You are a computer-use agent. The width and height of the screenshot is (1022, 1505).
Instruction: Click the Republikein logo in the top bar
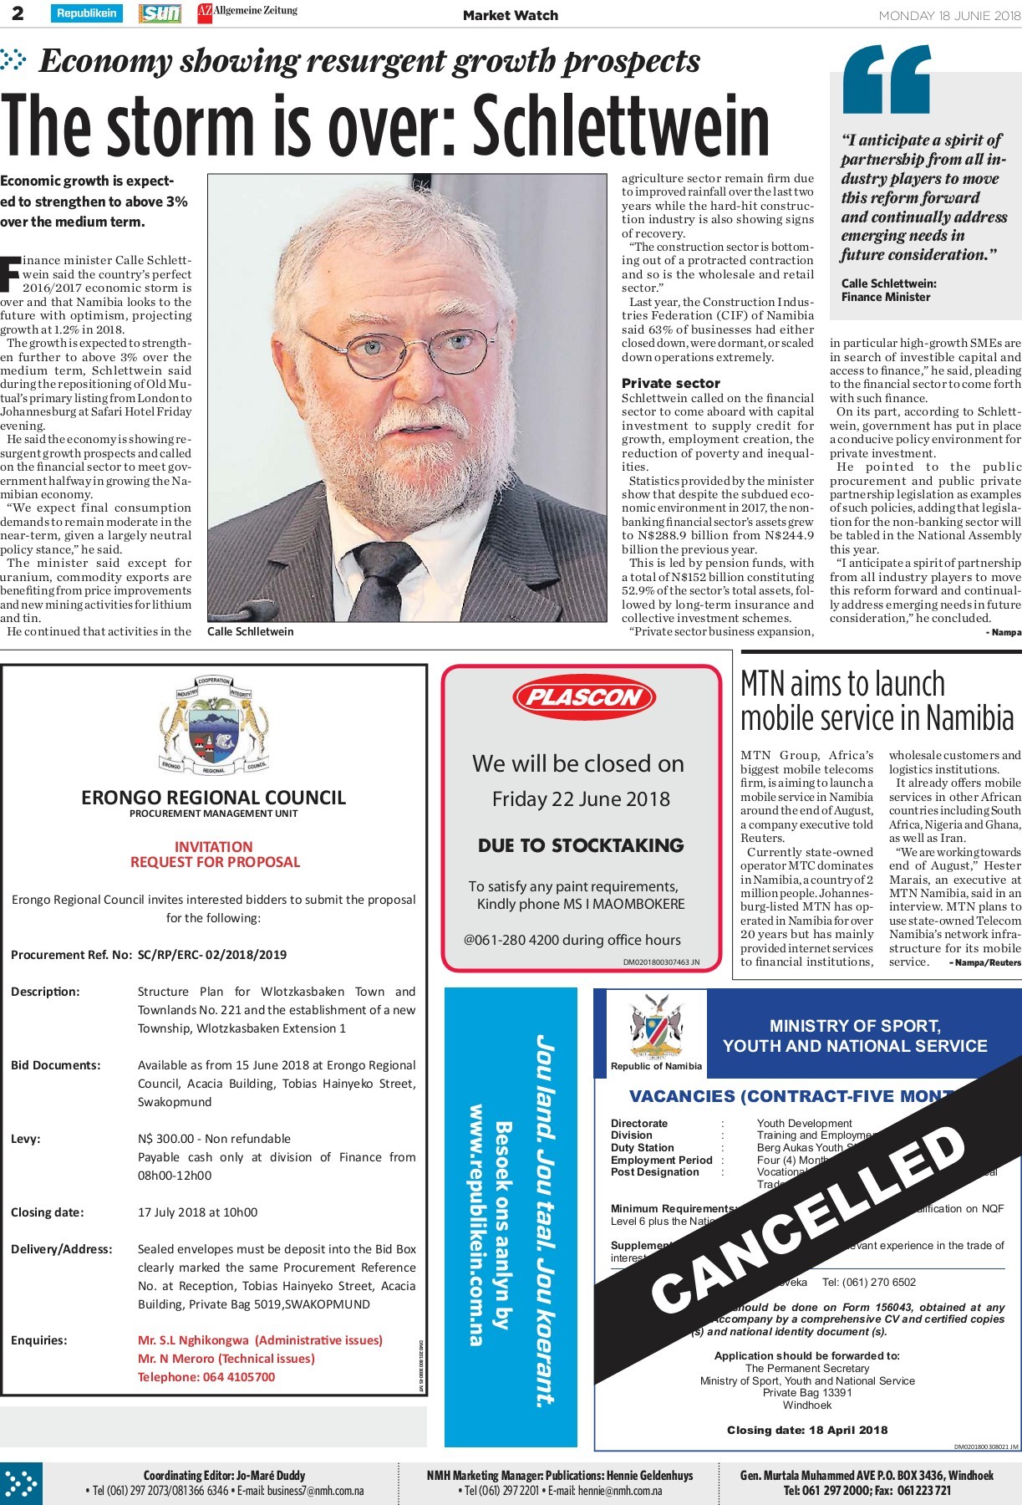(87, 13)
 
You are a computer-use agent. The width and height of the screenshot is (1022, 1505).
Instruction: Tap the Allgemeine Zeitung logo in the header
(247, 13)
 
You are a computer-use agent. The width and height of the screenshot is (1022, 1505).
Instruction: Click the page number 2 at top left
(18, 13)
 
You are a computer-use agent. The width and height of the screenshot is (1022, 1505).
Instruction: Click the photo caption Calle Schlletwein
(251, 631)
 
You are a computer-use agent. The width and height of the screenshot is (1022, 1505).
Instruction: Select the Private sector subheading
(670, 383)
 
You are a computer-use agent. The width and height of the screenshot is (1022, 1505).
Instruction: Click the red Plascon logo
(583, 697)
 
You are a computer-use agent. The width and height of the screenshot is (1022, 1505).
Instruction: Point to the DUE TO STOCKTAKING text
(581, 845)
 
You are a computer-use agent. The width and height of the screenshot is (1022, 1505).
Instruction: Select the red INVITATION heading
(213, 846)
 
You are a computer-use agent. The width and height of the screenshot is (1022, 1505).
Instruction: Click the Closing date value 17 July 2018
(197, 1212)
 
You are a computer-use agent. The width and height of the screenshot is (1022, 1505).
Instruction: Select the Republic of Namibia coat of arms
(656, 1025)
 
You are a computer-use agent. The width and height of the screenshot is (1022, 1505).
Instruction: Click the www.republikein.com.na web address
(477, 1224)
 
